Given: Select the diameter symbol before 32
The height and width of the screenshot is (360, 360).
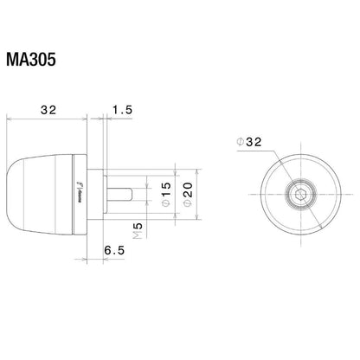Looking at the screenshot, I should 241,140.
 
